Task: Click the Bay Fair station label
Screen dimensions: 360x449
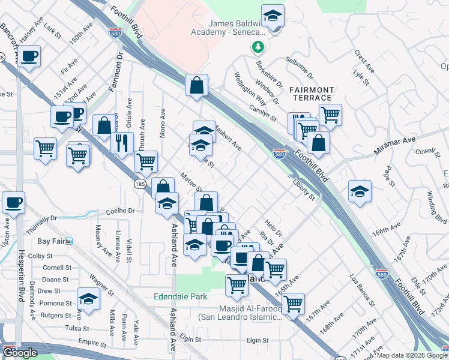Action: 50,241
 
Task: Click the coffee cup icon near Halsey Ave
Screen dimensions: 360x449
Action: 29,56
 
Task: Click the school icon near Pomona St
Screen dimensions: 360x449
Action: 88,298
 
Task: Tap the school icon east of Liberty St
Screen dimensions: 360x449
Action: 360,191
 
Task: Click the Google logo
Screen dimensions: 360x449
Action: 20,353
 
